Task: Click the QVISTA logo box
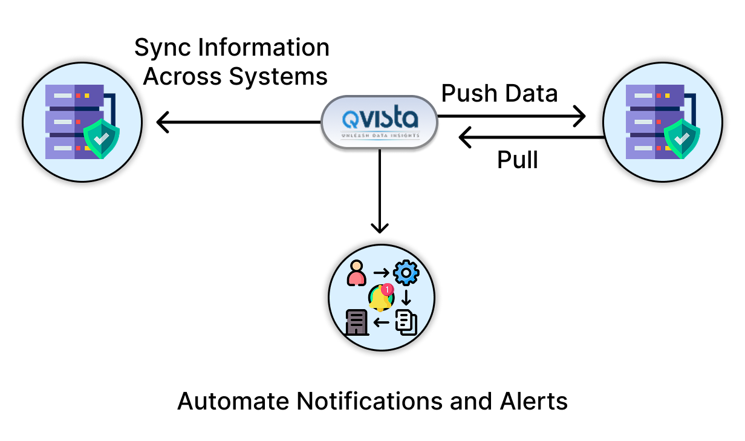379,122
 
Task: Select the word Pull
517,160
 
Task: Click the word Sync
158,48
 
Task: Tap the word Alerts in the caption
534,401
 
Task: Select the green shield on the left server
101,139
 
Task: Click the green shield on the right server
682,139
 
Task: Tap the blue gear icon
406,273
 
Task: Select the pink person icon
357,273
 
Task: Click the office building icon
357,322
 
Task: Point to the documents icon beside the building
406,322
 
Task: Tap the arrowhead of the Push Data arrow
582,115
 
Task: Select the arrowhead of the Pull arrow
463,138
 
